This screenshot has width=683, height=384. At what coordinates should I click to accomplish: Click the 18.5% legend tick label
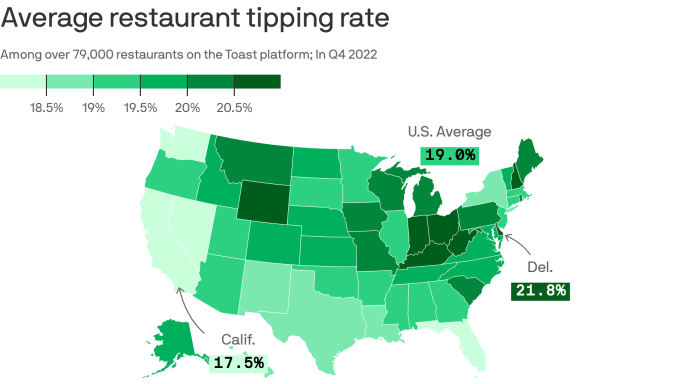(46, 107)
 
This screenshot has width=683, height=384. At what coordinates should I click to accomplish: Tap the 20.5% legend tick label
(234, 107)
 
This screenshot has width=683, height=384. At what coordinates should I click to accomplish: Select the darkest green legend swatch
(257, 81)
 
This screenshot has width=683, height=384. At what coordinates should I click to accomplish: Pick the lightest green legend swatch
(23, 81)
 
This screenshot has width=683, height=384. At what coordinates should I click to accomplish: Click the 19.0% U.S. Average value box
(449, 155)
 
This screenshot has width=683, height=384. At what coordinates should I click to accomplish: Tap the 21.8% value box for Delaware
(540, 290)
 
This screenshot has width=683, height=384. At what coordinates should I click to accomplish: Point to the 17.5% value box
(238, 363)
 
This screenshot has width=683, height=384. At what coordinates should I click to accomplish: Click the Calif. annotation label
(238, 340)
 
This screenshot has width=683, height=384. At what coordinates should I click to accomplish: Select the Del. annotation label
(540, 267)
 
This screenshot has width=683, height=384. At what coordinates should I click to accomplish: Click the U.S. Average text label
(449, 132)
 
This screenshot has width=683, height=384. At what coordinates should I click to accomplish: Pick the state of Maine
(527, 160)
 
